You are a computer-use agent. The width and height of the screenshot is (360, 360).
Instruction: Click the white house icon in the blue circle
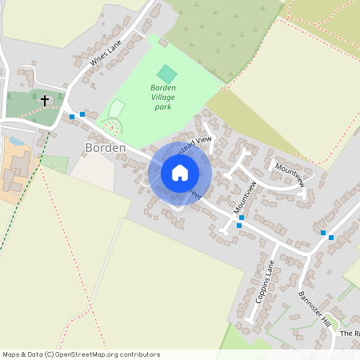coord(180,173)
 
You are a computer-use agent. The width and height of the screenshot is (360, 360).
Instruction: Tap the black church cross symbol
coord(45,101)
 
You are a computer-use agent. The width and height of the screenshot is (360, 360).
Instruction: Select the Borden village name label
coord(105,148)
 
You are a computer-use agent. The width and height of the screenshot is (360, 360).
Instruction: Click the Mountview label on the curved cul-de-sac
coord(290,174)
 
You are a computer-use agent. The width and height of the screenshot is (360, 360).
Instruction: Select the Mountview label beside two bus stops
coord(247,198)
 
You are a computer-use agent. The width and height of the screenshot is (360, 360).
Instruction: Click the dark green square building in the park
coord(166,73)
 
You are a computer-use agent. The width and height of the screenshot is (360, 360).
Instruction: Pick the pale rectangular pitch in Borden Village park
coord(117,108)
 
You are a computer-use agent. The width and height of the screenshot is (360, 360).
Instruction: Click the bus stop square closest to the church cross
coord(72,117)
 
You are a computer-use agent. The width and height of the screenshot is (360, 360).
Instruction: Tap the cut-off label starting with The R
coord(350,333)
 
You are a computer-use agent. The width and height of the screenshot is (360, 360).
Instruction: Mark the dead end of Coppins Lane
coord(249,321)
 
